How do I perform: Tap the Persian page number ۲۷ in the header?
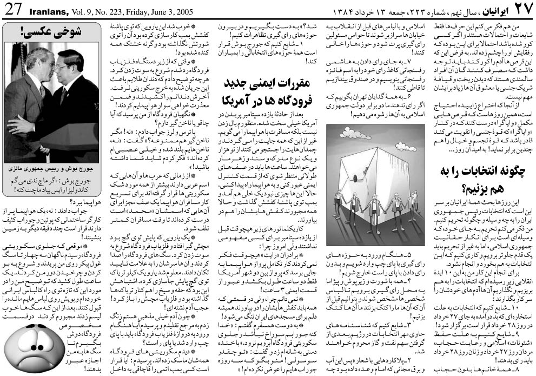click(521, 10)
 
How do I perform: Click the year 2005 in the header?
click(186, 10)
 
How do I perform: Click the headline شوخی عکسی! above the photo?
click(52, 32)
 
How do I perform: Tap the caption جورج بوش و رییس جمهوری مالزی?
click(52, 169)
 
